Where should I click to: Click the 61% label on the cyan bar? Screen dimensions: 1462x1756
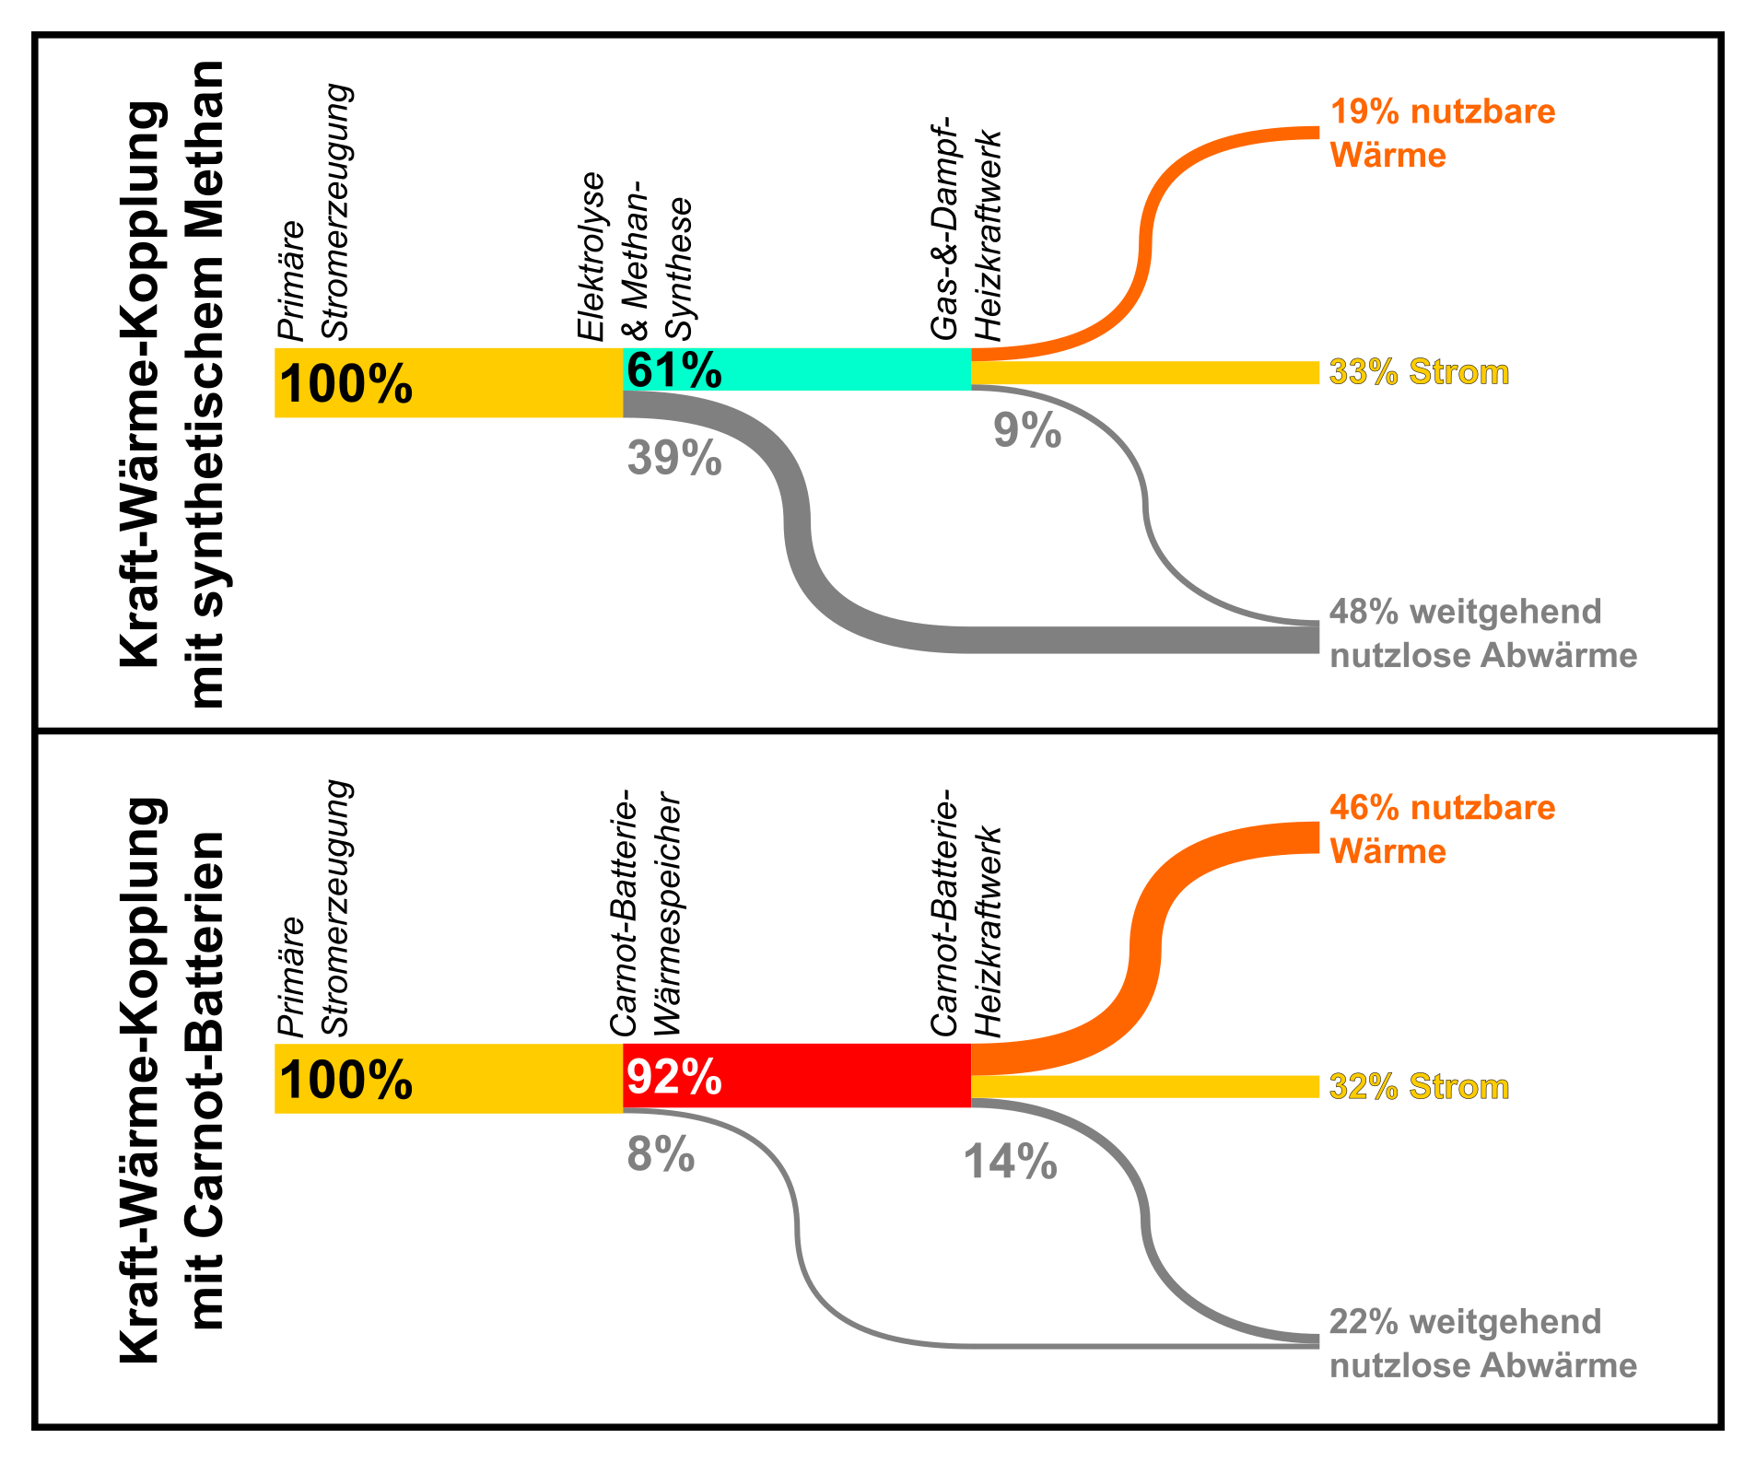[x=673, y=370]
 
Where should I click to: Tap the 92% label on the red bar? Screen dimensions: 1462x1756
[x=673, y=1076]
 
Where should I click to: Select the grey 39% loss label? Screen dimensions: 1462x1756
[x=673, y=458]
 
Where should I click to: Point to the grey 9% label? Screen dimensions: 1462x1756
[x=1026, y=430]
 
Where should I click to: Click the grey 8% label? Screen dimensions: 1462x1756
[x=661, y=1154]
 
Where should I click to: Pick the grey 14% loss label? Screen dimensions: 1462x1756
[x=1010, y=1162]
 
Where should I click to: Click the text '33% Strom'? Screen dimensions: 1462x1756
[x=1419, y=372]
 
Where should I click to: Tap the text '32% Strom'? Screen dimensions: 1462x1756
[x=1419, y=1087]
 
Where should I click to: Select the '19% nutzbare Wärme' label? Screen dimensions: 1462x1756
[x=1442, y=134]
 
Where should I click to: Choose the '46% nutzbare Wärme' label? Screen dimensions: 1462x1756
[x=1442, y=829]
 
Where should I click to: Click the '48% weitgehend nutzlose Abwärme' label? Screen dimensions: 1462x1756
[x=1482, y=634]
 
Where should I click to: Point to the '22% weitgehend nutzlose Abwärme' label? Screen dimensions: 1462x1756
[x=1482, y=1343]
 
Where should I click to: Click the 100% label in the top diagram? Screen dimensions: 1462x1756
[x=345, y=384]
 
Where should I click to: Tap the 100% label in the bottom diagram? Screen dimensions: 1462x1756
[x=345, y=1080]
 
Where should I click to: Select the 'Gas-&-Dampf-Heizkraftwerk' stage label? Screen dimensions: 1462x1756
[x=965, y=230]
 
